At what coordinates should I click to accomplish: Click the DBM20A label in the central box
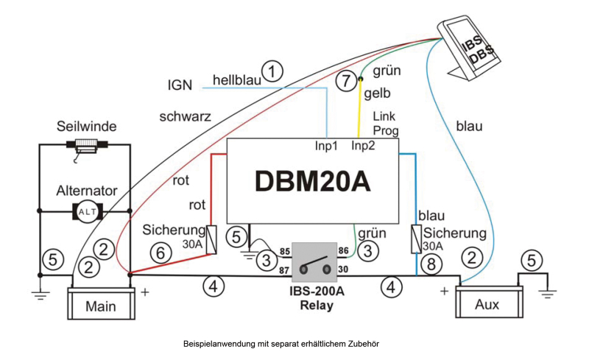(313, 181)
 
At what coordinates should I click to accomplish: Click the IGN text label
(180, 85)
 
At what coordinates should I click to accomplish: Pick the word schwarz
(185, 116)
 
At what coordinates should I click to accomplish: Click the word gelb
(377, 93)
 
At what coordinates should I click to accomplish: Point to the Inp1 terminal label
(326, 146)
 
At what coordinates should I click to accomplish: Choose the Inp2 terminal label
(363, 146)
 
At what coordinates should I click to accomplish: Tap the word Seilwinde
(87, 126)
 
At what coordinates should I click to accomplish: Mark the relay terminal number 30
(343, 271)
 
